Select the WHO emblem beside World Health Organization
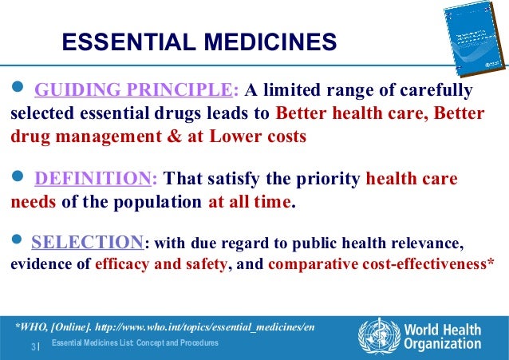(x=377, y=335)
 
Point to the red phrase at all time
(x=251, y=202)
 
